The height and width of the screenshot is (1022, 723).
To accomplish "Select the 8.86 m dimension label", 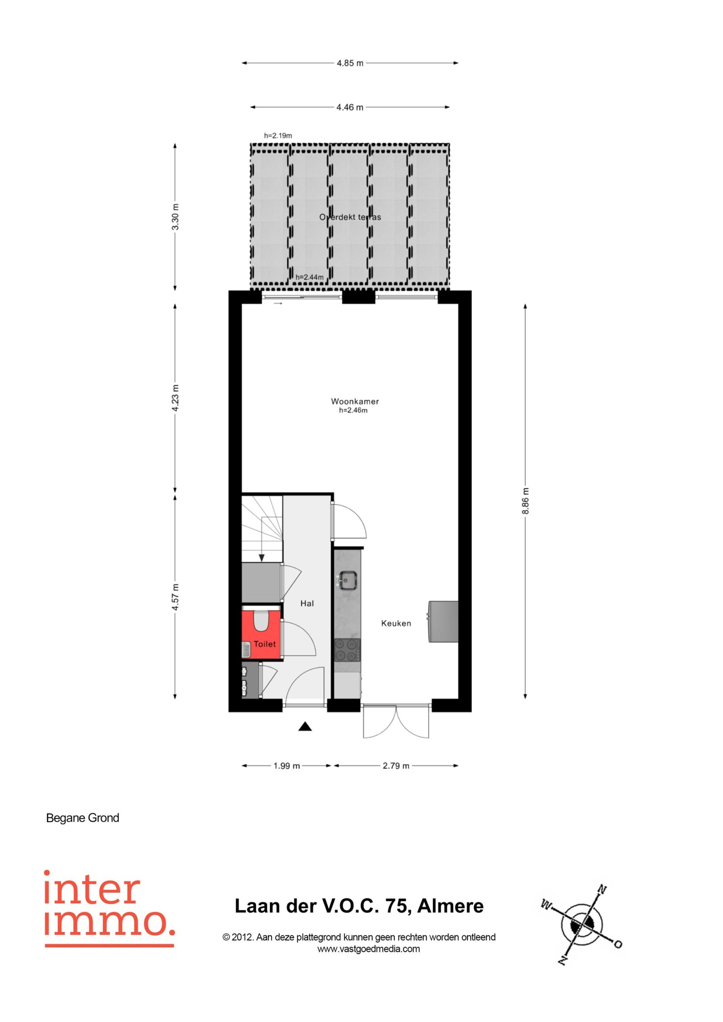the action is click(x=525, y=501).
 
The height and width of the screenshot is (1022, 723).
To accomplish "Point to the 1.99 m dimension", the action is click(x=286, y=766).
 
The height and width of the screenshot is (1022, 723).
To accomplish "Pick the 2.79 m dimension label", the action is click(x=395, y=766).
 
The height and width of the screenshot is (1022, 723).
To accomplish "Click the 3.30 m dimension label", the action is click(x=175, y=217).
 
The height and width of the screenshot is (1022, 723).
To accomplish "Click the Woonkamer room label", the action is click(x=355, y=402).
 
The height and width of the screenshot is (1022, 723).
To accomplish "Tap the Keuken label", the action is click(x=396, y=624).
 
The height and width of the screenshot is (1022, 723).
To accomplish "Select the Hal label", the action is click(x=307, y=604).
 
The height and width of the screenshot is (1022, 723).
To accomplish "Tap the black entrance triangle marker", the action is click(x=305, y=727).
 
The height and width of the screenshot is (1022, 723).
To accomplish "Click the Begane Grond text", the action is click(x=82, y=818).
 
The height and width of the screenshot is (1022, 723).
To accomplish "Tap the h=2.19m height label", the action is click(x=278, y=136).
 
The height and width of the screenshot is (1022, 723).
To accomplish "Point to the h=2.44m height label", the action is click(x=310, y=277).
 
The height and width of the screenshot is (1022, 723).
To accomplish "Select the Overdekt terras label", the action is click(x=350, y=217).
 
